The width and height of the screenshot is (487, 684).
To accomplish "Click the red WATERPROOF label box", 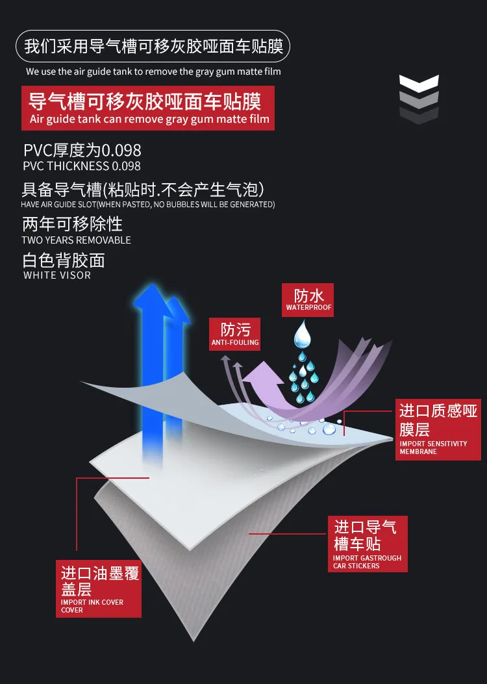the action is click(x=307, y=300).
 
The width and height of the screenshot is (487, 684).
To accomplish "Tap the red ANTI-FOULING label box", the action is click(x=235, y=334).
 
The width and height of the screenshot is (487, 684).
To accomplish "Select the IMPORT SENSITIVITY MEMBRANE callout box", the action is click(x=438, y=429).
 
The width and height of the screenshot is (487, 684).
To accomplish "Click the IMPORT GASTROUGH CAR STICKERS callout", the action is click(x=368, y=544).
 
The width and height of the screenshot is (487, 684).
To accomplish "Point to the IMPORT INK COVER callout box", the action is click(x=99, y=589).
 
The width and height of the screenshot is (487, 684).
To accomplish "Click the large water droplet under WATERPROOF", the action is click(x=302, y=334).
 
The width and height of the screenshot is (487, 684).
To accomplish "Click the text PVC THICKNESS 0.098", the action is click(x=82, y=166).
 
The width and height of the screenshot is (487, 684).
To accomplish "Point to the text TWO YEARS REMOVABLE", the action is click(x=77, y=240).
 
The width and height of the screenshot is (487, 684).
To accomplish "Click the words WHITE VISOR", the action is click(x=57, y=275).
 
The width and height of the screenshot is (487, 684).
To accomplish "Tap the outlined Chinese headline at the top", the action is click(x=153, y=46).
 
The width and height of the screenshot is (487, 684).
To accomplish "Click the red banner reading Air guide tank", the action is click(x=148, y=108).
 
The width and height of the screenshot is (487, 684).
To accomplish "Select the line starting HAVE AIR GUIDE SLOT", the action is click(x=148, y=204).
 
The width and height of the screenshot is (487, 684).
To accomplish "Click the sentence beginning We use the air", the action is click(x=153, y=71).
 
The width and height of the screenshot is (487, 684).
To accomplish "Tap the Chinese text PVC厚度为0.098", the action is click(x=82, y=150).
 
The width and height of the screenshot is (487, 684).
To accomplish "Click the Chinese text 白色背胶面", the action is click(x=64, y=260).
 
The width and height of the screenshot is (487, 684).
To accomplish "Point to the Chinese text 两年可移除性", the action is click(x=72, y=224).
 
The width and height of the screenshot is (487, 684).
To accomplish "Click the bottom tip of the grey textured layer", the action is click(x=194, y=641).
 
